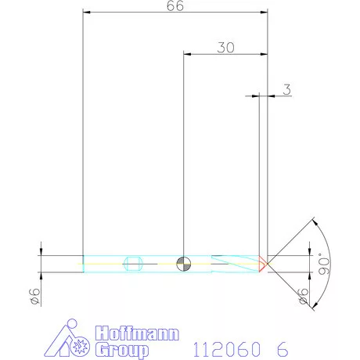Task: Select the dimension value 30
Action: [x=226, y=47]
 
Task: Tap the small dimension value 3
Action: [x=286, y=90]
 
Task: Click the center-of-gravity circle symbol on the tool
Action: [x=183, y=264]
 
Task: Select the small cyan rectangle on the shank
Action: [x=133, y=264]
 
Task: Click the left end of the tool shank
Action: [x=84, y=264]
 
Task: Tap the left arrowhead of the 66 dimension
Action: [x=87, y=13]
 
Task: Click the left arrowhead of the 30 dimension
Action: [x=186, y=53]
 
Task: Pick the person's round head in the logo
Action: [x=73, y=324]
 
